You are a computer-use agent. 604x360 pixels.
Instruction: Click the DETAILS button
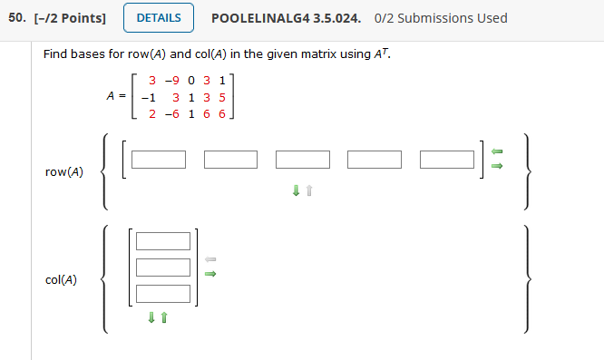159,18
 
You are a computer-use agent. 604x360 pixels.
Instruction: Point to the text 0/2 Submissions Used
442,18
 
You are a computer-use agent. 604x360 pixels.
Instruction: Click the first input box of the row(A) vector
159,160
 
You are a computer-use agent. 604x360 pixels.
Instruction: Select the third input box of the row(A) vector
303,160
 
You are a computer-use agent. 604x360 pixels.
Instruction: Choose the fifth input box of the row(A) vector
447,160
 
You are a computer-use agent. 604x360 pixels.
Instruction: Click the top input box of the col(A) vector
164,240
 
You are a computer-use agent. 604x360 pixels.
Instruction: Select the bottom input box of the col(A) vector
164,293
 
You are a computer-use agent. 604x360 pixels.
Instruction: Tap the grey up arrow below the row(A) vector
309,191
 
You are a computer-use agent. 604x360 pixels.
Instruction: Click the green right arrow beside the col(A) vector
210,272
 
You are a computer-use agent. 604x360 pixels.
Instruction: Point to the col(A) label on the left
61,280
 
